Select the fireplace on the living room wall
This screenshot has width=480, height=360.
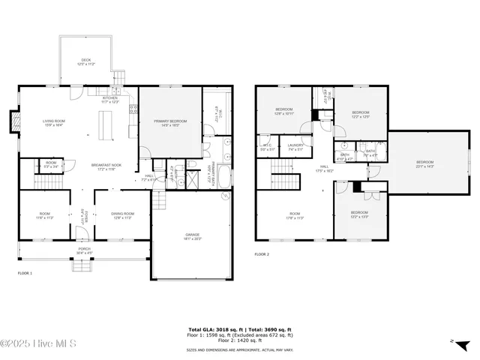click(13, 121)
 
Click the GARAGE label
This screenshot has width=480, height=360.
click(193, 236)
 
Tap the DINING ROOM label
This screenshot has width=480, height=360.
click(123, 215)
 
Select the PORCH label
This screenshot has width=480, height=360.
click(85, 250)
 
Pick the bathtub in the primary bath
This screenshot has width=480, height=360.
click(225, 180)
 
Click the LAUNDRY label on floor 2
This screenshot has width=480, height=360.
click(295, 147)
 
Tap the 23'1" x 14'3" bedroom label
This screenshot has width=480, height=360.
click(425, 163)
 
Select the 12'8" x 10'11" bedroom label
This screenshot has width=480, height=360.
click(283, 112)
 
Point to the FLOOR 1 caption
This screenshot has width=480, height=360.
click(25, 274)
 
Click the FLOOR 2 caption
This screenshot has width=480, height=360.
click(262, 255)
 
